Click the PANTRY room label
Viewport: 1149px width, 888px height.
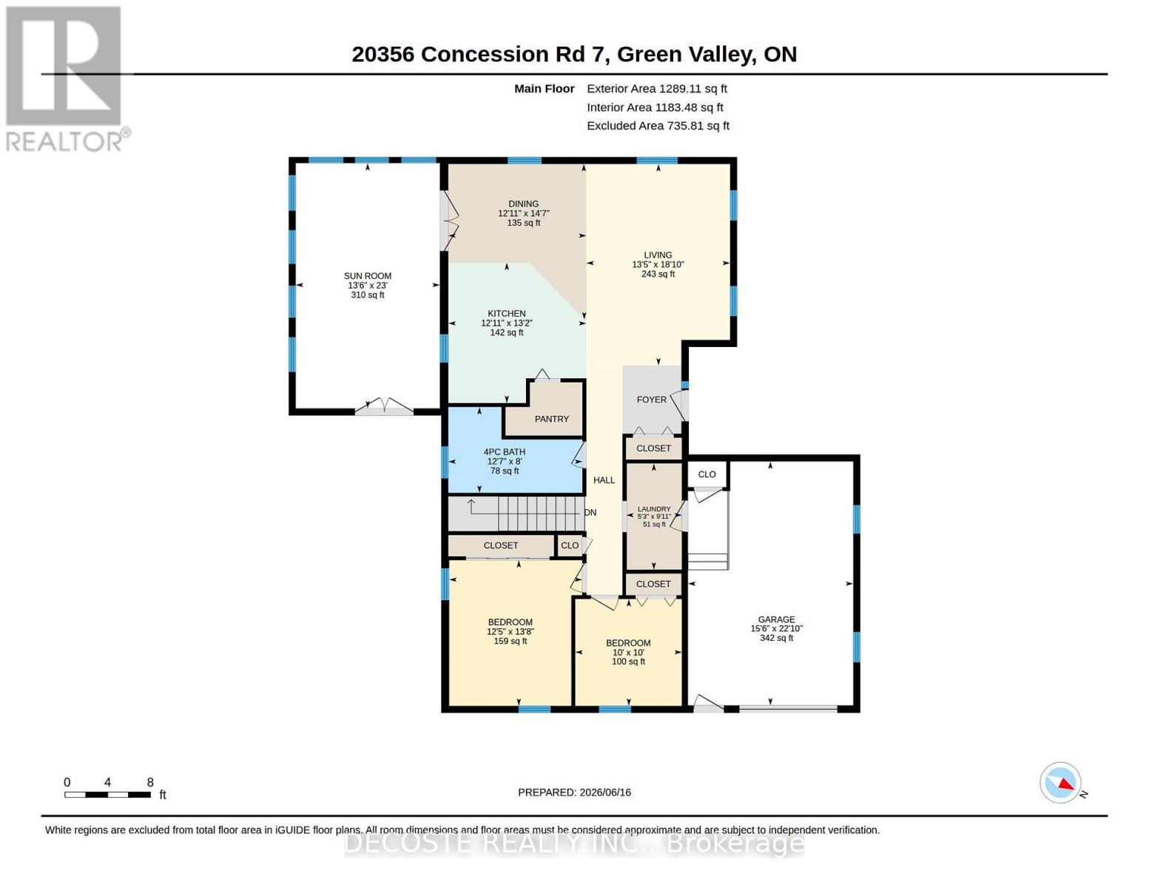click(x=551, y=419)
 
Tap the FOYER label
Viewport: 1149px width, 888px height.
click(x=651, y=400)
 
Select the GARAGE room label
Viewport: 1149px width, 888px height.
click(x=775, y=619)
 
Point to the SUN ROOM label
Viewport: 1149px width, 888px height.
click(x=368, y=276)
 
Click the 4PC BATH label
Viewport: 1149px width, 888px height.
click(x=504, y=452)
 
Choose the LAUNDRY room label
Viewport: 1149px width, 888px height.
click(x=653, y=509)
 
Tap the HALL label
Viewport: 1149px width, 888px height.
click(x=604, y=480)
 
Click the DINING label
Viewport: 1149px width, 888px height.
click(x=524, y=204)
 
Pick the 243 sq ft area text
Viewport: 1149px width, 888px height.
click(x=658, y=274)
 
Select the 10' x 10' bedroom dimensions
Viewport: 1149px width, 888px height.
click(x=628, y=653)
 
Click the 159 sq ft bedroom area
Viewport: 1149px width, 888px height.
click(x=510, y=641)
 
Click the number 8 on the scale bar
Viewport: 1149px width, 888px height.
click(x=150, y=782)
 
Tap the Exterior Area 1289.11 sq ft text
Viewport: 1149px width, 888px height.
click(x=657, y=89)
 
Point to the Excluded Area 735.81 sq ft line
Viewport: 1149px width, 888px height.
click(x=658, y=126)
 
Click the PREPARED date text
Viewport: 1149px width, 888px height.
click(x=574, y=793)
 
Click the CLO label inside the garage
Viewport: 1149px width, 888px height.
click(x=707, y=474)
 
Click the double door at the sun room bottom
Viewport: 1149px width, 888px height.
click(x=384, y=406)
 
